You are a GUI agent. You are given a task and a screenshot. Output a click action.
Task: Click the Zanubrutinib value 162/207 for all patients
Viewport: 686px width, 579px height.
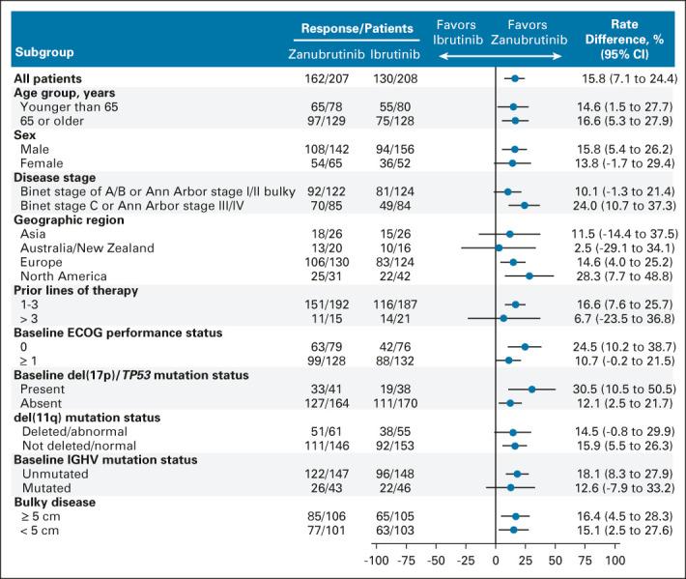pyautogui.click(x=326, y=78)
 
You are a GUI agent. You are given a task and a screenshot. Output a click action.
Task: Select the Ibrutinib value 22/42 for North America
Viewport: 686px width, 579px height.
pyautogui.click(x=394, y=275)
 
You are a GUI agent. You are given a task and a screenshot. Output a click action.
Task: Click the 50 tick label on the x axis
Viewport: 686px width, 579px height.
pyautogui.click(x=556, y=560)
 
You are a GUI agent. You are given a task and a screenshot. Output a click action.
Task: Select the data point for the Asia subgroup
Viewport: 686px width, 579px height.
pyautogui.click(x=509, y=234)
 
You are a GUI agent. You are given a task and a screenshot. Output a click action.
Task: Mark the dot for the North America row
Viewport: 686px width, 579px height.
pyautogui.click(x=529, y=275)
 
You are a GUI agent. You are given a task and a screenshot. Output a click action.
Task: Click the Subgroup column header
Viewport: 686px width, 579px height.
pyautogui.click(x=43, y=50)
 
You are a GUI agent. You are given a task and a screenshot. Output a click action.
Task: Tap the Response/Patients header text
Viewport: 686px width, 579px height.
pyautogui.click(x=357, y=29)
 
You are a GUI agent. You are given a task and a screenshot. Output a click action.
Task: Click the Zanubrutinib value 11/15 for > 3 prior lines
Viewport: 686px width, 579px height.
pyautogui.click(x=326, y=318)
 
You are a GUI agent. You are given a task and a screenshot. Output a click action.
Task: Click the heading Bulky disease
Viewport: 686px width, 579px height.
pyautogui.click(x=55, y=502)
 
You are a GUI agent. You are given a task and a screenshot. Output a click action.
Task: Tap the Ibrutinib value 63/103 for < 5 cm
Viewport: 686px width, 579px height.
pyautogui.click(x=394, y=530)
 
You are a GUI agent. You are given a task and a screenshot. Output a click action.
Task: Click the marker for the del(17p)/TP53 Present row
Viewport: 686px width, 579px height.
pyautogui.click(x=531, y=389)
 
